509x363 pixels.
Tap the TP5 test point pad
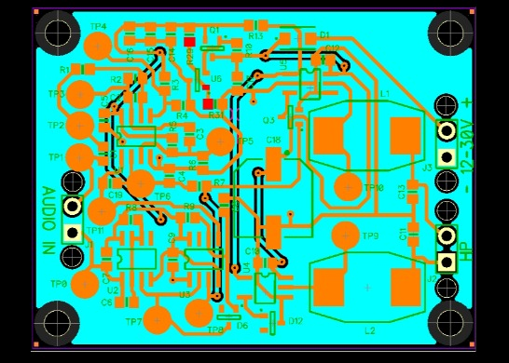pos(221,141)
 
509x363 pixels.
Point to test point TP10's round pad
pos(348,187)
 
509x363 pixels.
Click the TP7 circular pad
pos(159,320)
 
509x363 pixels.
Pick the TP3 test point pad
pos(80,94)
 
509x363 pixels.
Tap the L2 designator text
pos(369,329)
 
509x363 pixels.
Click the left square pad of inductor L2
pos(330,288)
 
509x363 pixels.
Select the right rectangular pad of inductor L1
pos(405,136)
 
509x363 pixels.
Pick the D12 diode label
pos(296,321)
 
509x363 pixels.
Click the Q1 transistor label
pos(213,31)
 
